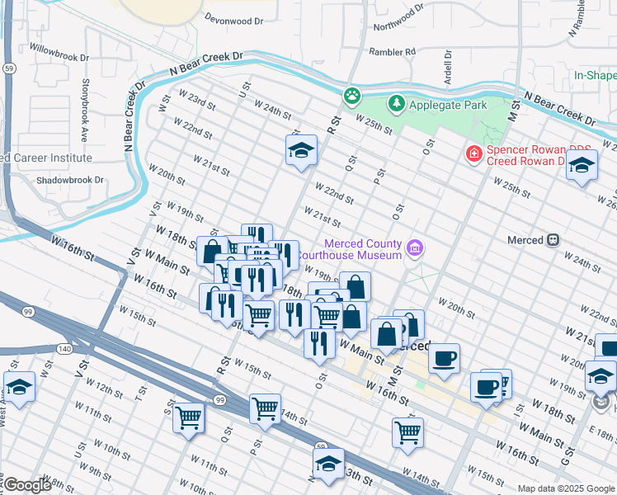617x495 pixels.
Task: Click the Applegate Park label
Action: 449,105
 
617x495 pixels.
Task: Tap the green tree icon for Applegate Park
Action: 398,104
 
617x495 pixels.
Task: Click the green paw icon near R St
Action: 353,95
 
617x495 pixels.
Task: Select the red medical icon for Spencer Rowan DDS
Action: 473,153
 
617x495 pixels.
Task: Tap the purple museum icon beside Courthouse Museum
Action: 416,248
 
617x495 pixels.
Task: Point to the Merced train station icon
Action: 553,240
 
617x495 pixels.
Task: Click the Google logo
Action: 26,486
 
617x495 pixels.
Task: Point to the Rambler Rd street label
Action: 393,52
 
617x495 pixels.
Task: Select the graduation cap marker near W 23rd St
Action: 301,150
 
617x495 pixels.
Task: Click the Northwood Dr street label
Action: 398,16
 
